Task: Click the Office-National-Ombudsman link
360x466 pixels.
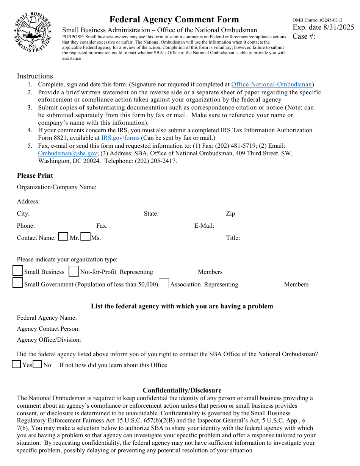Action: [271, 84]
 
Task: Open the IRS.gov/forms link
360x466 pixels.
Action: [120, 138]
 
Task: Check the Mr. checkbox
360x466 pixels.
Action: [63, 237]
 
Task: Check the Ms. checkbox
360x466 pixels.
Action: [86, 237]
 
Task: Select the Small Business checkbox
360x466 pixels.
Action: [18, 271]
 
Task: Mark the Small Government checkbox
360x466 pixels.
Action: [18, 283]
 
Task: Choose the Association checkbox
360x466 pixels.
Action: [164, 283]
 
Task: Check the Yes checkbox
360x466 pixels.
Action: [16, 364]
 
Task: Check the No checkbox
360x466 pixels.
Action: [37, 364]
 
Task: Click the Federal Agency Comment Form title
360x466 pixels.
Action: [174, 19]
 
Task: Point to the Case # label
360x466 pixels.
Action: [304, 36]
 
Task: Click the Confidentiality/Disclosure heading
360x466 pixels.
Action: [182, 390]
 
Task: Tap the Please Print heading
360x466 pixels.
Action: [35, 175]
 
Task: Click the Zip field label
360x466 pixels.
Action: [230, 214]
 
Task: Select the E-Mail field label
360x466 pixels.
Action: [204, 226]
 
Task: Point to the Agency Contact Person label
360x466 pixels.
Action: [48, 329]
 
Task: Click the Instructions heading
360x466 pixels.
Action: [35, 76]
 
